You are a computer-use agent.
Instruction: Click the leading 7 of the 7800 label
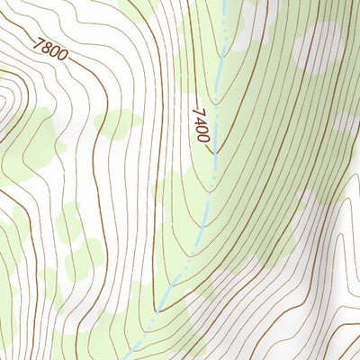(x=37, y=41)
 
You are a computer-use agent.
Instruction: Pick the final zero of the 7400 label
(x=204, y=138)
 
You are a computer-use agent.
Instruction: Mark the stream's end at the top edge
(x=222, y=2)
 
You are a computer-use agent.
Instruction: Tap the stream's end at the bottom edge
(x=127, y=357)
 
